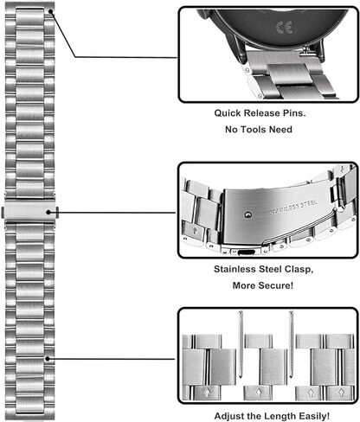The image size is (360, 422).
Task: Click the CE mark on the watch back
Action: tap(284, 28)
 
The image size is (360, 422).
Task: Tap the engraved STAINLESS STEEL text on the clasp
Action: tap(292, 207)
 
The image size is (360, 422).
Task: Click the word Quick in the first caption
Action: tap(227, 113)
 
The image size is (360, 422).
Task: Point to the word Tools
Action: tap(254, 130)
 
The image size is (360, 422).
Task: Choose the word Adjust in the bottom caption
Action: tap(228, 416)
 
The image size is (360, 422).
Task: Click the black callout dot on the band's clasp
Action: tap(48, 213)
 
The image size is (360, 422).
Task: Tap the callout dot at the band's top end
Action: tap(51, 11)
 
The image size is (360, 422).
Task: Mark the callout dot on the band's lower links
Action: tap(48, 359)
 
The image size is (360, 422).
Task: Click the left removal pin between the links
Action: tap(241, 344)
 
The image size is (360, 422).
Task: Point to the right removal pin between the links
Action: tap(292, 344)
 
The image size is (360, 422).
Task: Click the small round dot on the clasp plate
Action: tap(247, 214)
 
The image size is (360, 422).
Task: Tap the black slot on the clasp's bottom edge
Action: tap(246, 253)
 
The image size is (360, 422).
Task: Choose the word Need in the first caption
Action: tap(280, 130)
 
